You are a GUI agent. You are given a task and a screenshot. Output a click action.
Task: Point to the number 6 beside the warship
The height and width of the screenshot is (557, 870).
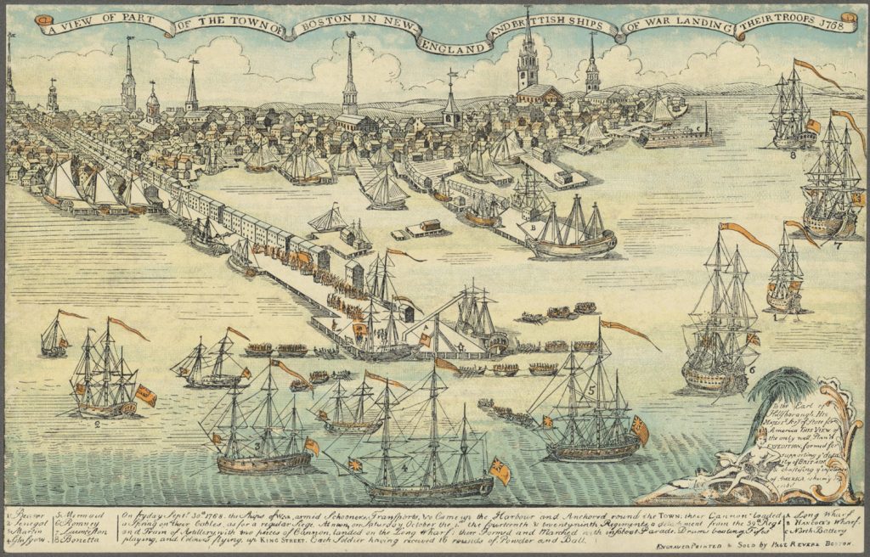751,370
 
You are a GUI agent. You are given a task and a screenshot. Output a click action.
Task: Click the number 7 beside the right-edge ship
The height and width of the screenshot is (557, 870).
837,246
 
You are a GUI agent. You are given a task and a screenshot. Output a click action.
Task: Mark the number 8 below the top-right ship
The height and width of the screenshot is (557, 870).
792,155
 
